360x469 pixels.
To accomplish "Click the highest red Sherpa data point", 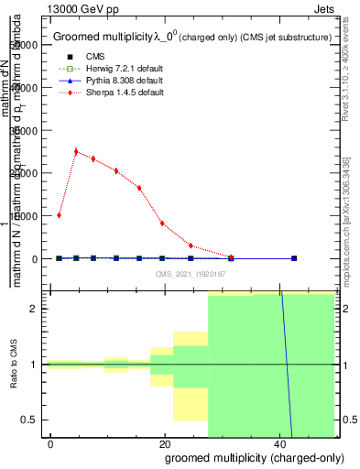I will [76, 151].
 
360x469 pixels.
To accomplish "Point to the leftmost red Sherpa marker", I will [59, 215].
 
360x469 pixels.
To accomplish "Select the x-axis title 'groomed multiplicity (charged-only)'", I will [242, 456].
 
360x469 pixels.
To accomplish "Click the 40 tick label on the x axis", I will [278, 444].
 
